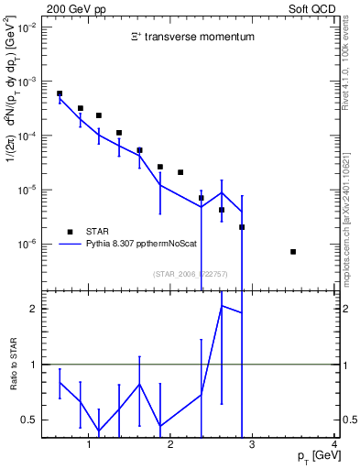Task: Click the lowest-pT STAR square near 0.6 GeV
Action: pos(60,93)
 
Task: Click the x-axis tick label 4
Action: pos(334,446)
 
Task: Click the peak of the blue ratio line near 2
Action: pos(222,305)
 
